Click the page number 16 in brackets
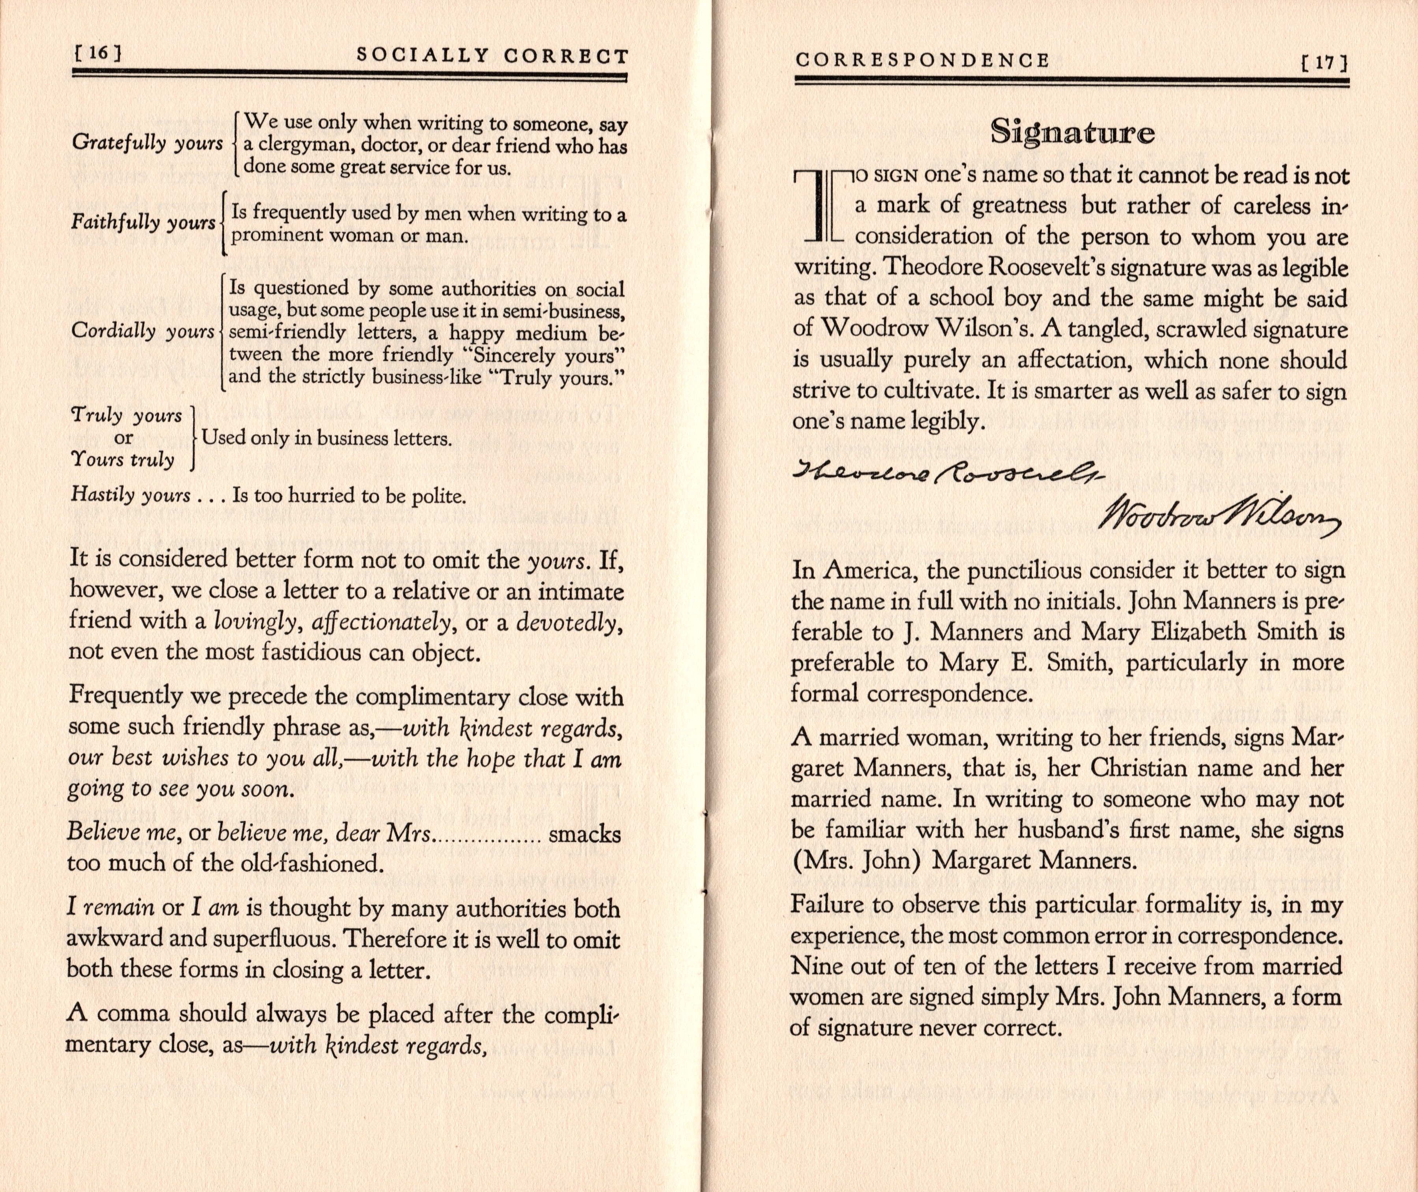click(x=97, y=54)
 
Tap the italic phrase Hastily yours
click(x=130, y=495)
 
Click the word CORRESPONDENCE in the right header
click(x=922, y=61)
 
